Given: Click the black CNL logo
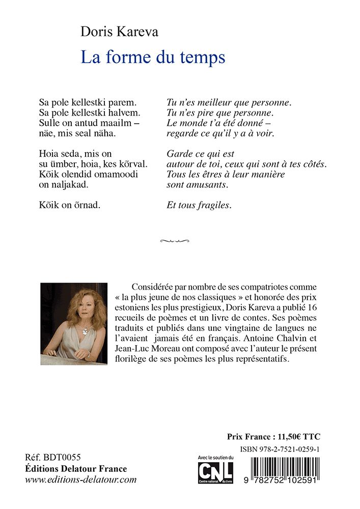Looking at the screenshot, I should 215,471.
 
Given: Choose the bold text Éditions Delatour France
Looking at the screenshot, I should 76,468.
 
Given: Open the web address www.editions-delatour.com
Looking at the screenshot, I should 80,479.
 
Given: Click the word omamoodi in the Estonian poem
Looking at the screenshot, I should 118,174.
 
